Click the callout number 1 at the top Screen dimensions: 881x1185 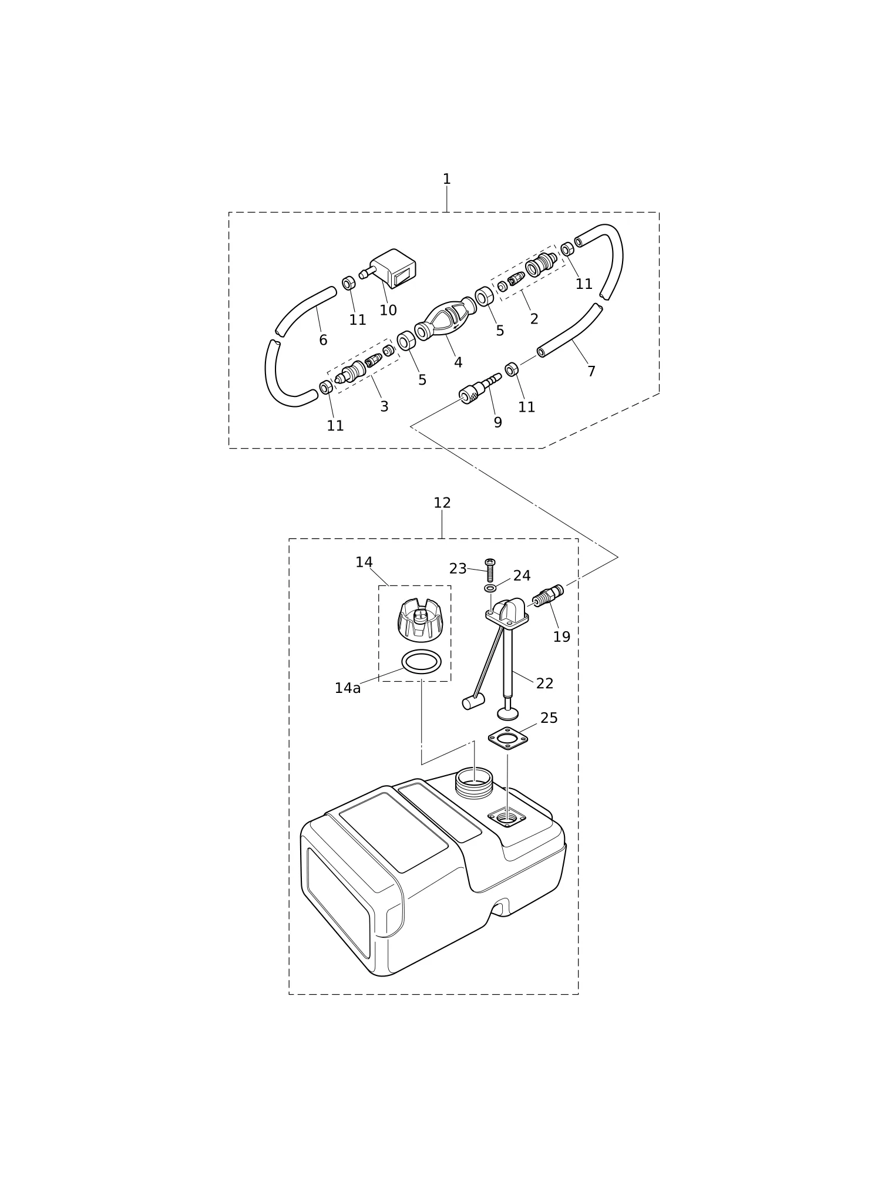point(446,179)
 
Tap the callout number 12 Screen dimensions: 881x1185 point(442,503)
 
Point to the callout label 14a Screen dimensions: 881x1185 point(348,688)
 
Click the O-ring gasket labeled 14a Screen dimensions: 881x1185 point(421,662)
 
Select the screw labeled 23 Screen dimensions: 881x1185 point(490,570)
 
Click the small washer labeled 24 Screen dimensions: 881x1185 point(490,588)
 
